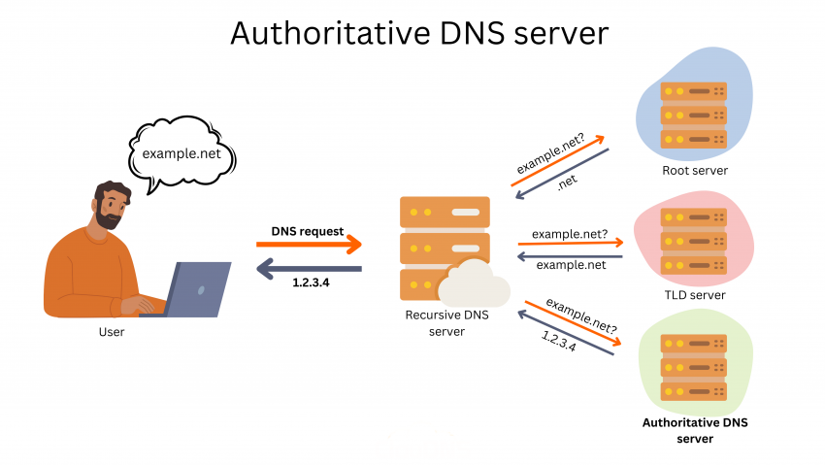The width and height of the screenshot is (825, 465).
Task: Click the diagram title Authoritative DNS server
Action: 418,33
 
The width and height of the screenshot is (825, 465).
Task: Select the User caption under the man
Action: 112,332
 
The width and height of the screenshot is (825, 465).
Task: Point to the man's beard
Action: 108,217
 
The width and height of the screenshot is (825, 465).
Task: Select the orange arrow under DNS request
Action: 309,246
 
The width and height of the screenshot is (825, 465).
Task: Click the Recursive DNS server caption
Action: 445,323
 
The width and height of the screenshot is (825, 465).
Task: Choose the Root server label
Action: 694,171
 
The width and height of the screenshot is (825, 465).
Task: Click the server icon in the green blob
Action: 693,368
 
